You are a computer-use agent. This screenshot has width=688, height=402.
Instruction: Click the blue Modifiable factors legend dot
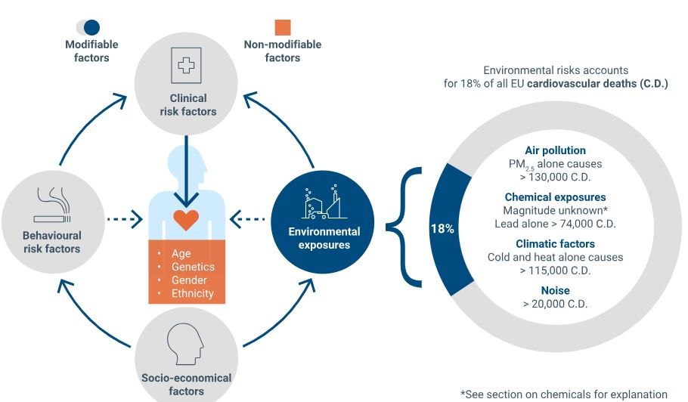pyautogui.click(x=91, y=27)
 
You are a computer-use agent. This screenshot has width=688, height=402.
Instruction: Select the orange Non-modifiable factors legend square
pyautogui.click(x=282, y=27)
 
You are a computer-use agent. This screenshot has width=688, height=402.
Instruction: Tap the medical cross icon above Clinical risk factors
pyautogui.click(x=187, y=66)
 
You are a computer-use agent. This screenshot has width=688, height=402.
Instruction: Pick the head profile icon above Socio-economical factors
pyautogui.click(x=186, y=344)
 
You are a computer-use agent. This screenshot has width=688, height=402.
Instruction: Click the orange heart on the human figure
pyautogui.click(x=186, y=220)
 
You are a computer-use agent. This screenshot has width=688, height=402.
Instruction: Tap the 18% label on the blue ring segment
pyautogui.click(x=442, y=228)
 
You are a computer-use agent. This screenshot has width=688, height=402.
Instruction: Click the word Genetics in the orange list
pyautogui.click(x=193, y=267)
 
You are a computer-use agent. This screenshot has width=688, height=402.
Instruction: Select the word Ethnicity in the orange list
pyautogui.click(x=193, y=293)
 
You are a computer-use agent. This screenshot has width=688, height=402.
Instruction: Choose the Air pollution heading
pyautogui.click(x=555, y=150)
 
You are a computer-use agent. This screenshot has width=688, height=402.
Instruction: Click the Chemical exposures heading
pyautogui.click(x=555, y=197)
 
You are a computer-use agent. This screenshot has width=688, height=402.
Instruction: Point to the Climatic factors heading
pyautogui.click(x=555, y=244)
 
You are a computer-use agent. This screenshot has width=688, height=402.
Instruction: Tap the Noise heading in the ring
pyautogui.click(x=555, y=290)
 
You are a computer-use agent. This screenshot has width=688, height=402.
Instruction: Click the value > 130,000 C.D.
pyautogui.click(x=555, y=178)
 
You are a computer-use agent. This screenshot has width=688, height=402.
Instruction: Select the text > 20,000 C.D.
pyautogui.click(x=555, y=304)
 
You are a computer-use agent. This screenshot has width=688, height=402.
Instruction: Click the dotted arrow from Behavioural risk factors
pyautogui.click(x=124, y=221)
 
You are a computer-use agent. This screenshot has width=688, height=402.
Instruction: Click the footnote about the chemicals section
pyautogui.click(x=564, y=394)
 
